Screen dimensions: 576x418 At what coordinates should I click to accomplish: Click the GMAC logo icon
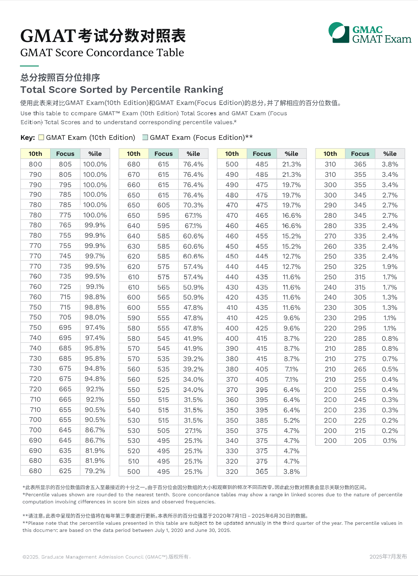[x=339, y=33]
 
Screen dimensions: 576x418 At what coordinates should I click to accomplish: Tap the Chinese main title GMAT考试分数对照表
[x=103, y=36]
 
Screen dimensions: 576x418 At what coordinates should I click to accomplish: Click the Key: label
[x=28, y=138]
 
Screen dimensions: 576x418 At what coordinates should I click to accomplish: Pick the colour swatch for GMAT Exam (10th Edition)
[x=41, y=137]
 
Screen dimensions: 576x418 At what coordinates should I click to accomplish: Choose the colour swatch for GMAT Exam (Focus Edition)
[x=145, y=137]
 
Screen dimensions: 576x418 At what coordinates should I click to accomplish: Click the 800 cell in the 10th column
[x=35, y=164]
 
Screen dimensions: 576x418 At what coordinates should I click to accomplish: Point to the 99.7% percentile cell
[x=95, y=256]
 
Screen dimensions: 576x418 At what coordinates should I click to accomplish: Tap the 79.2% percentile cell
[x=95, y=471]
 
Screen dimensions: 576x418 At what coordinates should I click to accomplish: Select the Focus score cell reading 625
[x=65, y=471]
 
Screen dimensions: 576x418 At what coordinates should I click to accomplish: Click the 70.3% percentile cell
[x=193, y=205]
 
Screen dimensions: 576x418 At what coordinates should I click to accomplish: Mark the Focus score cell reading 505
[x=163, y=431]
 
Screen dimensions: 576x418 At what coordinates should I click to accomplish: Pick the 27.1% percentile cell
[x=193, y=431]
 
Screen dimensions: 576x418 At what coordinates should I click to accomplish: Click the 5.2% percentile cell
[x=292, y=421]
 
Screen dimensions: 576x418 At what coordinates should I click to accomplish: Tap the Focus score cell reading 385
[x=262, y=421]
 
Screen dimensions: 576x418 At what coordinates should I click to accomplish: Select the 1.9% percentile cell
[x=390, y=267]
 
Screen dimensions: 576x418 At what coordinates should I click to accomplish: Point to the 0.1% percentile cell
[x=390, y=441]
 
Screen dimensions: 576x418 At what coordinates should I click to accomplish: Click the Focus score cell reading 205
[x=360, y=441]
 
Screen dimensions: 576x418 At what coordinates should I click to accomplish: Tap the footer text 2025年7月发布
[x=388, y=557]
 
